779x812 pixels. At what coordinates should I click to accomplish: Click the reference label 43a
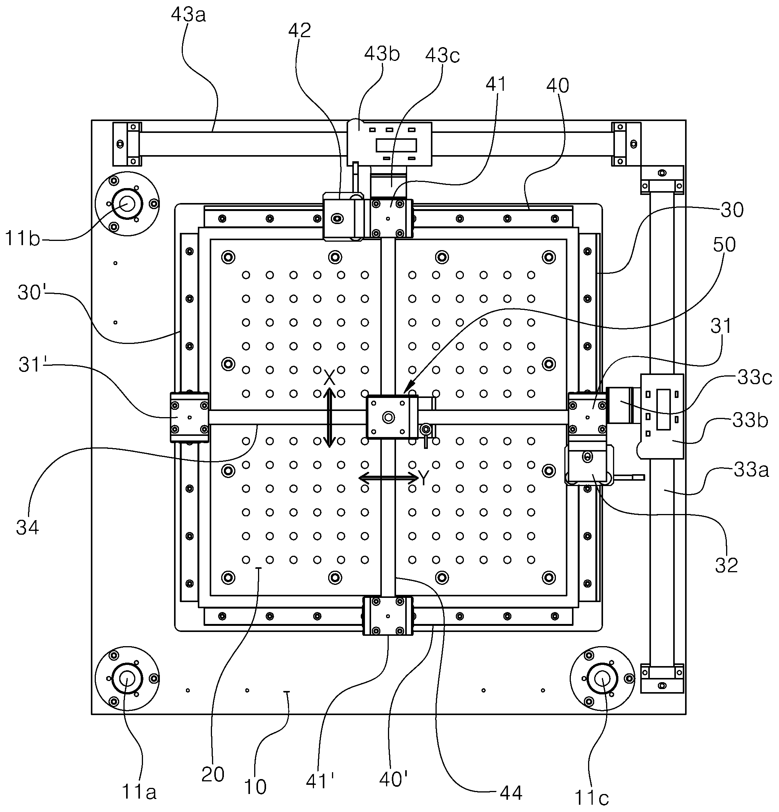point(188,15)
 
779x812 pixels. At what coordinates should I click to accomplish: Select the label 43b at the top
point(382,54)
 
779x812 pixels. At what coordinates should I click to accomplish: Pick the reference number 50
point(724,244)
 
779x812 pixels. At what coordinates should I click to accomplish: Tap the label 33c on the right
point(754,377)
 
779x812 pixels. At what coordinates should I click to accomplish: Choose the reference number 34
point(27,527)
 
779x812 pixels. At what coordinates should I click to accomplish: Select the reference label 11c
point(592,797)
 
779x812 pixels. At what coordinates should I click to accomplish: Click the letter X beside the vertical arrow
point(329,377)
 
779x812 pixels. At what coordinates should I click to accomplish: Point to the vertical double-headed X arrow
point(329,417)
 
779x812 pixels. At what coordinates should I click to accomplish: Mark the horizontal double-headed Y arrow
point(388,478)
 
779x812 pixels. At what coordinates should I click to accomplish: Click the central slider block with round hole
point(392,417)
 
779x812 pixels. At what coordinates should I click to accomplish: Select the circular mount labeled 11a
point(127,679)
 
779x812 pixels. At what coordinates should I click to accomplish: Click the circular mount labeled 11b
point(127,204)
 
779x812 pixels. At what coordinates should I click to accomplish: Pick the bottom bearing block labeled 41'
point(388,616)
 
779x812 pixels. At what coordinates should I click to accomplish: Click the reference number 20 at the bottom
point(213,774)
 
